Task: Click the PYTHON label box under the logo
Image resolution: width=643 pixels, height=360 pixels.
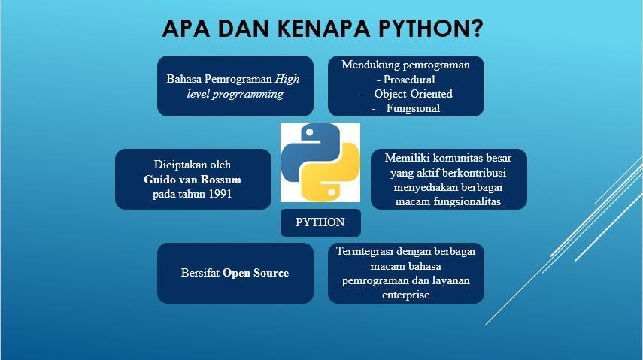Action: [320, 222]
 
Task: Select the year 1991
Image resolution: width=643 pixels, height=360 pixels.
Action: [217, 194]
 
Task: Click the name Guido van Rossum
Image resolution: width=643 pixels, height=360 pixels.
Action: [193, 180]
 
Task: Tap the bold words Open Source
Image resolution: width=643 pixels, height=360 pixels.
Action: [256, 273]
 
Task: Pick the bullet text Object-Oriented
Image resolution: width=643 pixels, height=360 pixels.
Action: [413, 94]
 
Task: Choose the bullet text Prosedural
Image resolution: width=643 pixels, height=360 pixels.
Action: [410, 79]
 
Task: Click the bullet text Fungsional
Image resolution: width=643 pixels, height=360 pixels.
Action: [413, 108]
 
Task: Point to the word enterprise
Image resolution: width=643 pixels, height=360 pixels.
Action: [405, 295]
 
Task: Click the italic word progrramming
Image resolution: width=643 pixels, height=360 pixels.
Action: [248, 94]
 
